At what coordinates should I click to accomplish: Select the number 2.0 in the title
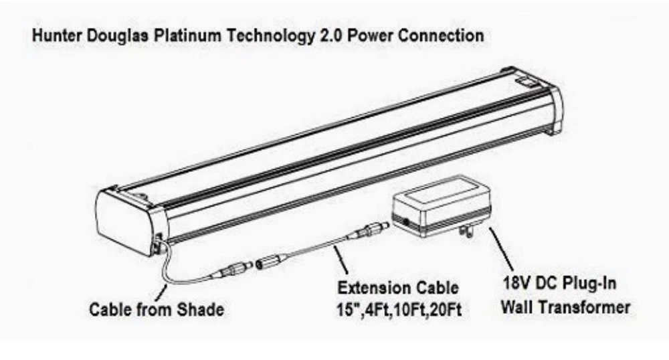pos(321,35)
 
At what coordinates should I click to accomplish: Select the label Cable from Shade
pos(157,310)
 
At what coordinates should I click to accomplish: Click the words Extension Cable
pos(398,289)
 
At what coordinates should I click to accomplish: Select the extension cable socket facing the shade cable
pos(269,262)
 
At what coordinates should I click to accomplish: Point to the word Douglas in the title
pos(111,35)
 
